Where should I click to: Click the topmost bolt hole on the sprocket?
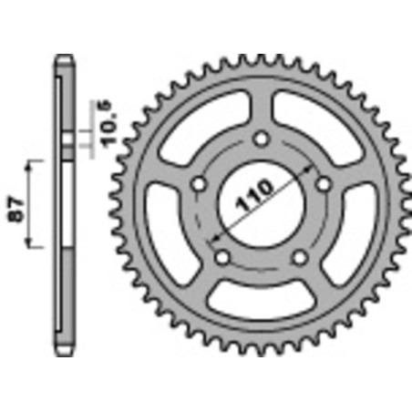click(x=262, y=139)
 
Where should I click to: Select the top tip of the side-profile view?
click(x=63, y=59)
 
